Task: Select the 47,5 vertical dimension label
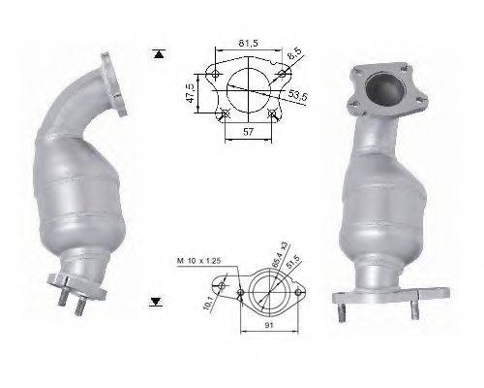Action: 190,93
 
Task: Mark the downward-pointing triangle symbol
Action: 157,303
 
